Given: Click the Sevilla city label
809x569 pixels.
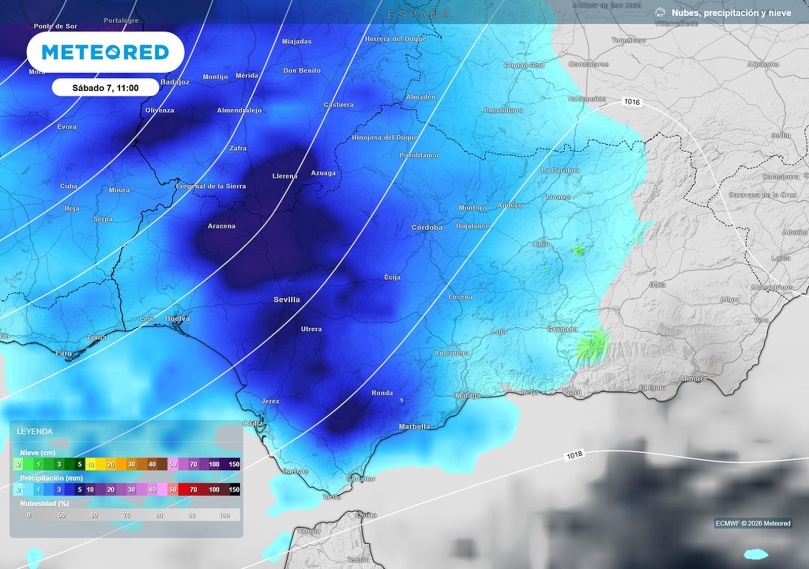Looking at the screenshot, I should pyautogui.click(x=287, y=299).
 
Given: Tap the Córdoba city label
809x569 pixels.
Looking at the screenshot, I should pyautogui.click(x=427, y=228).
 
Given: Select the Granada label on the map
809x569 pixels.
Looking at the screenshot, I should pyautogui.click(x=562, y=329).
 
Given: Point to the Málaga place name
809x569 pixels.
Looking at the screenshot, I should pyautogui.click(x=468, y=396).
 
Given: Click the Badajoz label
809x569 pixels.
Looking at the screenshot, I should pyautogui.click(x=175, y=82).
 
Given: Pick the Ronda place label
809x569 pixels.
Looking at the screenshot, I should pyautogui.click(x=382, y=393).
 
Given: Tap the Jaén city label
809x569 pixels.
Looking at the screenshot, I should pyautogui.click(x=541, y=244).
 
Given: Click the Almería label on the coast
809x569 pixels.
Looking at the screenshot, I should pyautogui.click(x=693, y=379).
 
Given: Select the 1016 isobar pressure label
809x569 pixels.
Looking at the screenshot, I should pyautogui.click(x=632, y=102).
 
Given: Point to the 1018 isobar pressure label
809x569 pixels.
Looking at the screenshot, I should pyautogui.click(x=574, y=455).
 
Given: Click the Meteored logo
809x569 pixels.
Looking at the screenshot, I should pyautogui.click(x=105, y=52).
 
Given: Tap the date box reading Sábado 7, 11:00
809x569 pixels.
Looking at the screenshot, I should pyautogui.click(x=105, y=88).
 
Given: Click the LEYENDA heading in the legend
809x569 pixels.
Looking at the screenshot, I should pyautogui.click(x=34, y=431).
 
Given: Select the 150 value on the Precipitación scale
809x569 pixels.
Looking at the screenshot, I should pyautogui.click(x=234, y=490).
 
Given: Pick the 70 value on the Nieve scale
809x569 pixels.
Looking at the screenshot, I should pyautogui.click(x=193, y=464).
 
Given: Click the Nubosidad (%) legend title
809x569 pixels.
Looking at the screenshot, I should pyautogui.click(x=44, y=503).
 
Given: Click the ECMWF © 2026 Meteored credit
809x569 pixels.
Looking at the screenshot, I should pyautogui.click(x=753, y=523).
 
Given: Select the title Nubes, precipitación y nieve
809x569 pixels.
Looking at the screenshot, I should pyautogui.click(x=731, y=13).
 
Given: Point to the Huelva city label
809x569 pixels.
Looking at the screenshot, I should pyautogui.click(x=177, y=319).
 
